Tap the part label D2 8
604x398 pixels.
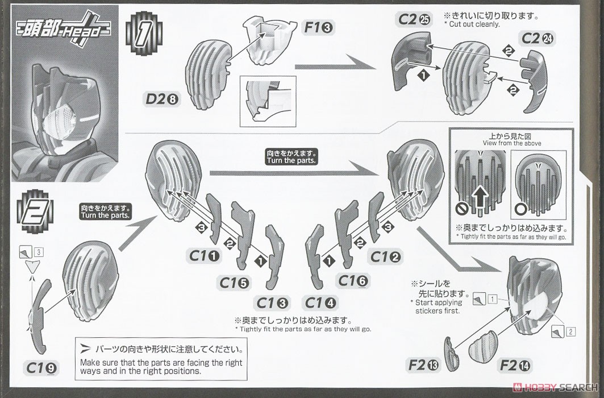point(161,100)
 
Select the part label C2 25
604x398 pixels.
point(414,20)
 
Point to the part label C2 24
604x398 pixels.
point(537,39)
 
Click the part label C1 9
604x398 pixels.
point(41,368)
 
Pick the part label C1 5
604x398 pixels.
point(234,282)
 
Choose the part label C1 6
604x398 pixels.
point(353,280)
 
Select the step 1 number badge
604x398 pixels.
point(140,35)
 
